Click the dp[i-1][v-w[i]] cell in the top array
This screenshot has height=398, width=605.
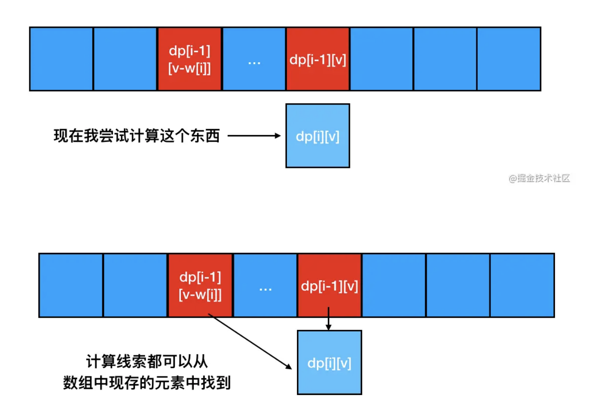click(x=189, y=59)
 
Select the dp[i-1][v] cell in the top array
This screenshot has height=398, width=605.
click(x=318, y=59)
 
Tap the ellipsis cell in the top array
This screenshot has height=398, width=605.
click(x=254, y=59)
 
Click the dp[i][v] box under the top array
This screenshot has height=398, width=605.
click(x=318, y=136)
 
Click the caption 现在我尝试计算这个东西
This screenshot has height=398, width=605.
click(x=137, y=136)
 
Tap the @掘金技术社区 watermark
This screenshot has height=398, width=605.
click(x=539, y=178)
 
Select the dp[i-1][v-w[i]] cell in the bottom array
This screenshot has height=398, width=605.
click(x=200, y=285)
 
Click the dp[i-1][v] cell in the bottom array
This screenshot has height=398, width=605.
click(x=329, y=285)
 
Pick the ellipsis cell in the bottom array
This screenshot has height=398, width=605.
click(x=265, y=285)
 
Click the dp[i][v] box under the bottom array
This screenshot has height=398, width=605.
click(x=329, y=363)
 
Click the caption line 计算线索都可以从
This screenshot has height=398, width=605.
click(x=147, y=361)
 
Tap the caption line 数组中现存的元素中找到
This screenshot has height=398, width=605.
click(x=147, y=382)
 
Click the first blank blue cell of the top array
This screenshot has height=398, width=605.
click(x=61, y=59)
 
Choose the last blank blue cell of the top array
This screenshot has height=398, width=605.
click(x=509, y=59)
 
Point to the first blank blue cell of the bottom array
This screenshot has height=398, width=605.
click(x=71, y=285)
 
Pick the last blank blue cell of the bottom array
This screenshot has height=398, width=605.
click(x=522, y=285)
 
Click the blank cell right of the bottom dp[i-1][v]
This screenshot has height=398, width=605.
click(x=394, y=285)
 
